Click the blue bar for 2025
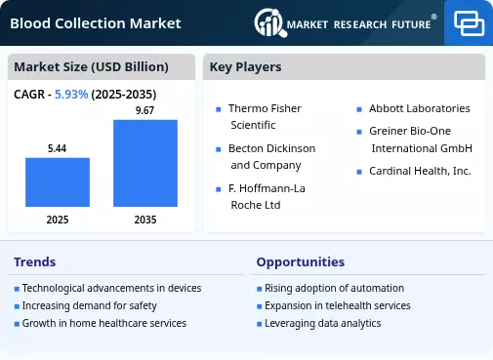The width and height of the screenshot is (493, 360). [58, 182]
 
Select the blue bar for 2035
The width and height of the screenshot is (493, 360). [145, 163]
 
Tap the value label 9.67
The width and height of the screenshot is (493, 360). [144, 110]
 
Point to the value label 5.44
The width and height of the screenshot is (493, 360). [57, 148]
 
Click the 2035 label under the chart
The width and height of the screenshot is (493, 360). [145, 220]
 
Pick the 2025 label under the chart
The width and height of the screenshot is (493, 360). [58, 220]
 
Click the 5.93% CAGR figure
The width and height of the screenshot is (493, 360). [71, 95]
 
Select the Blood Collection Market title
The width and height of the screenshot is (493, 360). [96, 23]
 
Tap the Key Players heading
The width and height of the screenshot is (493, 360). [245, 67]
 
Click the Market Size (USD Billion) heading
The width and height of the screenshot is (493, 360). [91, 67]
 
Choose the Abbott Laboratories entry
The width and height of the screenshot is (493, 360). [420, 108]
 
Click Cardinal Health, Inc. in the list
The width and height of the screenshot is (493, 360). [420, 171]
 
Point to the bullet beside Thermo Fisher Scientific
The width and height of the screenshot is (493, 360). [219, 109]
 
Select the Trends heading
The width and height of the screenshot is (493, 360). [35, 261]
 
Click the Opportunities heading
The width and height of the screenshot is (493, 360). [301, 262]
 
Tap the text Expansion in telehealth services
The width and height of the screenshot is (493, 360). [338, 305]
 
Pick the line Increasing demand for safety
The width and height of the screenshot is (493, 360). [90, 305]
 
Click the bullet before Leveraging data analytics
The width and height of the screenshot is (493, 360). [260, 324]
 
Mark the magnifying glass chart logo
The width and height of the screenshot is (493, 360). [270, 22]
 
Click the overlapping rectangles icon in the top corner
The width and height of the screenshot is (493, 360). [469, 23]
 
